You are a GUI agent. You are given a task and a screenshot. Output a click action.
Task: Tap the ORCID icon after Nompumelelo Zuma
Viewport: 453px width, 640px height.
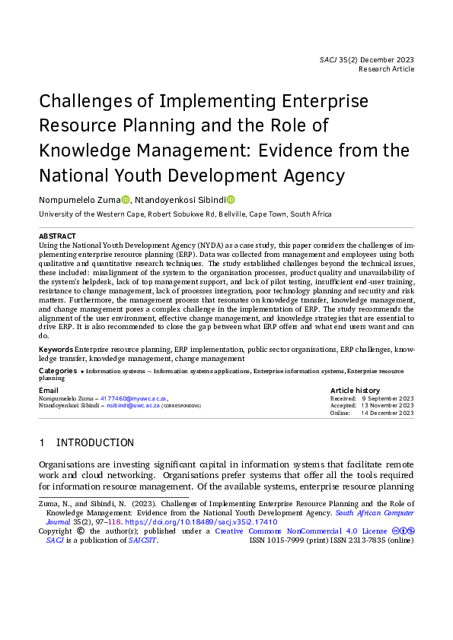click(126, 200)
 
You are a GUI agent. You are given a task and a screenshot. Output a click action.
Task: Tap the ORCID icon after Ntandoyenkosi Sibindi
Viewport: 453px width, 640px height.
click(231, 200)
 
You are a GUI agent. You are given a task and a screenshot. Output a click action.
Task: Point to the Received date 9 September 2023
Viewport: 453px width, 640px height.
click(388, 398)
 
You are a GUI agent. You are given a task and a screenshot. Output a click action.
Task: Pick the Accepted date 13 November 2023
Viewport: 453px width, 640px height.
click(388, 406)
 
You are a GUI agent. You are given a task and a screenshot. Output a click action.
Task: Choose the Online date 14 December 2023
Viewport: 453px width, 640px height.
click(388, 413)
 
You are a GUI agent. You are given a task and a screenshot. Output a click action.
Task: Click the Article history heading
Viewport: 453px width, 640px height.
click(356, 390)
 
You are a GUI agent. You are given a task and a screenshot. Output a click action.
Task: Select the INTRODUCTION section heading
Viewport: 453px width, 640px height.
click(95, 443)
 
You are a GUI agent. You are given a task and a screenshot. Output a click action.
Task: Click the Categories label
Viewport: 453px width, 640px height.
click(57, 371)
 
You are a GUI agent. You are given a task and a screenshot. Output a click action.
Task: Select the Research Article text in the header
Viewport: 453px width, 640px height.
click(387, 69)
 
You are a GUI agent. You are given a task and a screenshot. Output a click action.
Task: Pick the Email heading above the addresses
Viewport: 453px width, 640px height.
click(48, 390)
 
